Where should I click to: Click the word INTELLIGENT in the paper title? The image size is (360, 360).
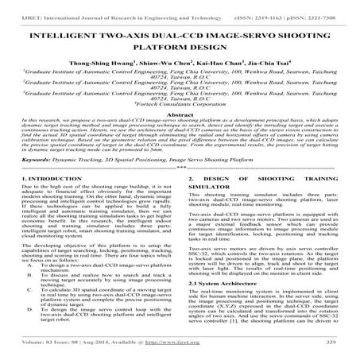(66, 37)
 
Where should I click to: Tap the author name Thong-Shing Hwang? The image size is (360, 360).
(124, 69)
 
